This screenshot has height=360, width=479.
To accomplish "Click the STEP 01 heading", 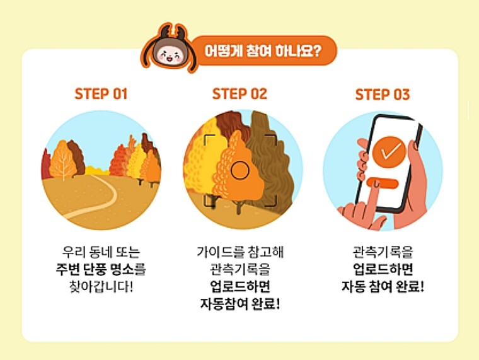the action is coord(101,94).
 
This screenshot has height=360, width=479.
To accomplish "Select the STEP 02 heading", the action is coord(239,94).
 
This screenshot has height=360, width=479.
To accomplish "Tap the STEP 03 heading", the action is coord(383,95).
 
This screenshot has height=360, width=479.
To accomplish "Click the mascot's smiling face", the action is coord(169,54).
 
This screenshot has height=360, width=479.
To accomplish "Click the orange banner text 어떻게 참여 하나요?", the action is coord(263,50).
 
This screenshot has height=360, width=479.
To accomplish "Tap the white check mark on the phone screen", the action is coord(390,151).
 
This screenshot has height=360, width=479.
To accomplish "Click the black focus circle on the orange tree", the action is coord(239,170).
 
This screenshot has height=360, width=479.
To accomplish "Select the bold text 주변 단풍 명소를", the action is coord(101,269).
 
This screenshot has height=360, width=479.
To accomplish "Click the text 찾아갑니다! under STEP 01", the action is coord(101,287).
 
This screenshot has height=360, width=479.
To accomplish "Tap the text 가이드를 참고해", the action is coord(240,252).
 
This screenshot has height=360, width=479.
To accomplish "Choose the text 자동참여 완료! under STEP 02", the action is coord(240,304).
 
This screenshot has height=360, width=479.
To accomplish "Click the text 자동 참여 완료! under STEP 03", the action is coord(383,287).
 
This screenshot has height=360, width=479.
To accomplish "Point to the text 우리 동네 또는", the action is coord(101,252).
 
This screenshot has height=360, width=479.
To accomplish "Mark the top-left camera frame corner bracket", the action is coord(209,139).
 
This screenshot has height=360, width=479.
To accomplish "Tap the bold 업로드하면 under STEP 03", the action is coord(383,269).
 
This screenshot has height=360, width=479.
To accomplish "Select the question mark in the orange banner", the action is coord(317,50).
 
